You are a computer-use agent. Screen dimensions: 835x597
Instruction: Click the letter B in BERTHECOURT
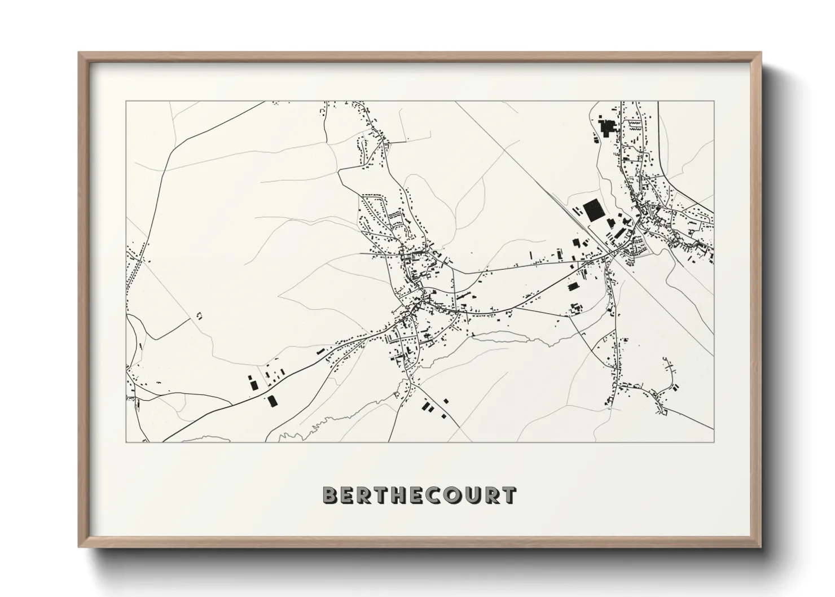(x=330, y=495)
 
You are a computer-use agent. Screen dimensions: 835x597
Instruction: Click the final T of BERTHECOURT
(x=509, y=495)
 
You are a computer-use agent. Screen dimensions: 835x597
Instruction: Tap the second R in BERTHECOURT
(x=493, y=495)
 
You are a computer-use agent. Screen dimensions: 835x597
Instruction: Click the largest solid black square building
(x=592, y=210)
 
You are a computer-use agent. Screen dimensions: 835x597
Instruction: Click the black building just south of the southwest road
(x=273, y=401)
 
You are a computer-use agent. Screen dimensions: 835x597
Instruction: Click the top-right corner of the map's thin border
(x=714, y=102)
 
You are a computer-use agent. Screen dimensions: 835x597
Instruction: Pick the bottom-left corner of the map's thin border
(x=126, y=442)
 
